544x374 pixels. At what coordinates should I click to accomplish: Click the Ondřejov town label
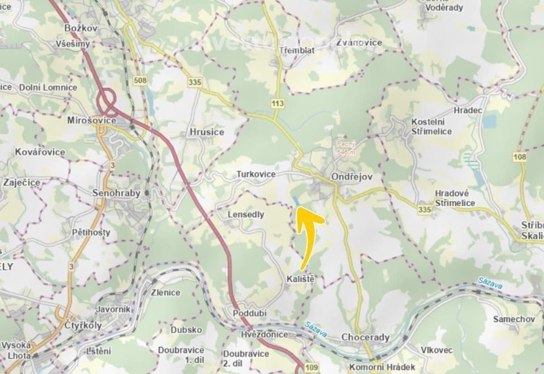point(351,177)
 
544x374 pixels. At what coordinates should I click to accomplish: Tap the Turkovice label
point(255,174)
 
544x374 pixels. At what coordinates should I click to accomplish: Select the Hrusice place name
point(206,132)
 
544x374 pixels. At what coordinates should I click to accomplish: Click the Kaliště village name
point(299,279)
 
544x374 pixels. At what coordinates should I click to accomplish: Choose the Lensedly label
point(246,215)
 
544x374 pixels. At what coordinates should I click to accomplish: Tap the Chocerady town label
point(365,337)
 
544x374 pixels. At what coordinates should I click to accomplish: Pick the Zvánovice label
point(359,43)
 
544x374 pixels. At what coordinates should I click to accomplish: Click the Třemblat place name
point(296,50)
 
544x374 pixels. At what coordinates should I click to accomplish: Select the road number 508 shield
point(140,80)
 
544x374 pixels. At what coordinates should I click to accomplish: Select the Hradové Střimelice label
point(455,198)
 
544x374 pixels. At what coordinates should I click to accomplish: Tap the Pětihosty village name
point(91,232)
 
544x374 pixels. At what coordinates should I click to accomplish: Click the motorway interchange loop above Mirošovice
point(108,99)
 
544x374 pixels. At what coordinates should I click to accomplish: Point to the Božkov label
point(81,29)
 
